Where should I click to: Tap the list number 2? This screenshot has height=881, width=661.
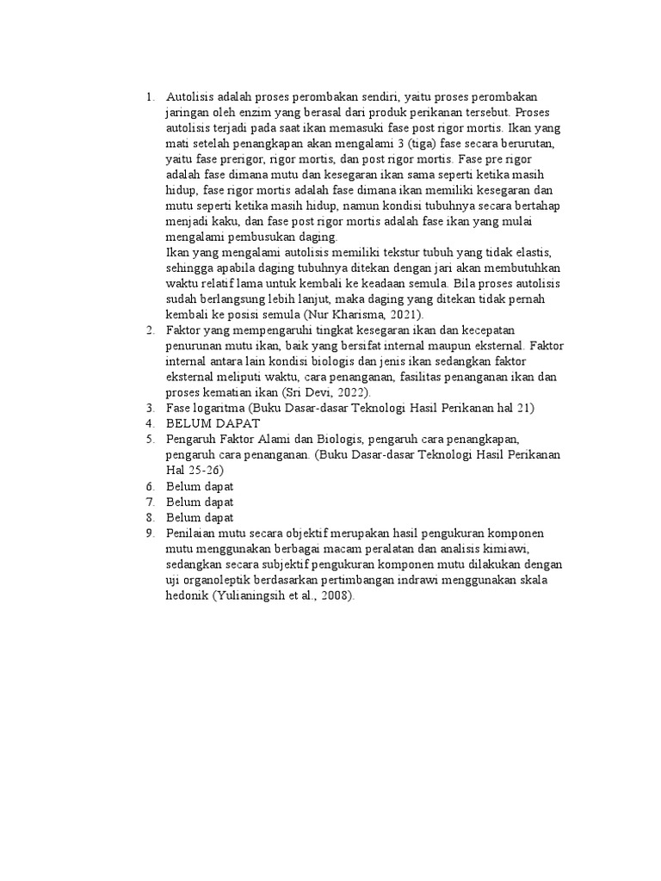click(x=150, y=330)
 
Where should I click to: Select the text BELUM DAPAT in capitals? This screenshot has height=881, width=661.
click(x=213, y=423)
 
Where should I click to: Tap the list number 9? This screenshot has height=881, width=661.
click(x=150, y=533)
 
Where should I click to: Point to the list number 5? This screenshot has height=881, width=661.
click(x=150, y=439)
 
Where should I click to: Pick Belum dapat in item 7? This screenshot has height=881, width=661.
click(x=200, y=502)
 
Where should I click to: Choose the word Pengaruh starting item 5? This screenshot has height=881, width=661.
click(x=191, y=439)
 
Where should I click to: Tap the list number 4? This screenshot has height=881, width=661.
click(x=150, y=423)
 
